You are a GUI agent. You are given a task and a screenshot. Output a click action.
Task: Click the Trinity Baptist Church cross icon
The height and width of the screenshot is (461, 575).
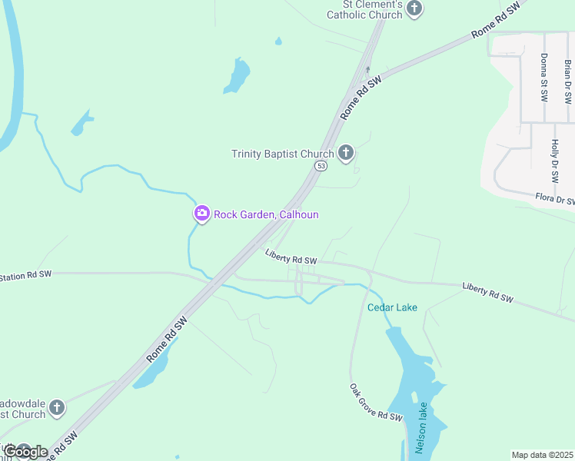[x=346, y=154]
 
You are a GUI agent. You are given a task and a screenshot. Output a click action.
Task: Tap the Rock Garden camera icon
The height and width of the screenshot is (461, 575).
[x=201, y=214]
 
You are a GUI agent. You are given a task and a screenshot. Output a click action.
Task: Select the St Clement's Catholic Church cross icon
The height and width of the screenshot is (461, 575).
[x=414, y=9]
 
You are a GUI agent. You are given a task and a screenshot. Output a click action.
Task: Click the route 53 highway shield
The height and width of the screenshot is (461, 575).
[x=321, y=166]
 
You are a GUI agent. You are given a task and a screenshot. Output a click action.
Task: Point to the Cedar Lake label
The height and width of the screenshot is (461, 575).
[x=392, y=307]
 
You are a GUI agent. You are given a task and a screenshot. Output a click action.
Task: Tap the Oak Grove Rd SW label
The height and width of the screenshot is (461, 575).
[x=375, y=402]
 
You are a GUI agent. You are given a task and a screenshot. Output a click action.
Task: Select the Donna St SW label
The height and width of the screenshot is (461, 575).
[x=543, y=77]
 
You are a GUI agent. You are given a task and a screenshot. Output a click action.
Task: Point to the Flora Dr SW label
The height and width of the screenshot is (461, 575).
[x=555, y=200]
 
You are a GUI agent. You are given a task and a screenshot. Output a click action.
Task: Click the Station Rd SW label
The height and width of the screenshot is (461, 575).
[x=25, y=275]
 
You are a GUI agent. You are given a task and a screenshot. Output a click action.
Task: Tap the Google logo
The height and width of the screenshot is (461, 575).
[x=26, y=452]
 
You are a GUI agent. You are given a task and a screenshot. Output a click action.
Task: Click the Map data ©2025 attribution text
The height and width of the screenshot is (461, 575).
[x=542, y=455]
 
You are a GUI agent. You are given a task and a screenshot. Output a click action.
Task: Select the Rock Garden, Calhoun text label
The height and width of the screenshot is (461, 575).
[x=266, y=214]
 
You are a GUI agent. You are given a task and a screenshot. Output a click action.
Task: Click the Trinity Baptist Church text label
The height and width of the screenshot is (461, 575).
[x=282, y=154]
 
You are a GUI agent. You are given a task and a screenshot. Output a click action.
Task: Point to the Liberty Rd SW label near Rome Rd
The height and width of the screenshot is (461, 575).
[x=291, y=257]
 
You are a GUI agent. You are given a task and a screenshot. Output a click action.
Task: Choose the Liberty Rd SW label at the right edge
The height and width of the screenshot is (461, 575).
[x=488, y=292]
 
